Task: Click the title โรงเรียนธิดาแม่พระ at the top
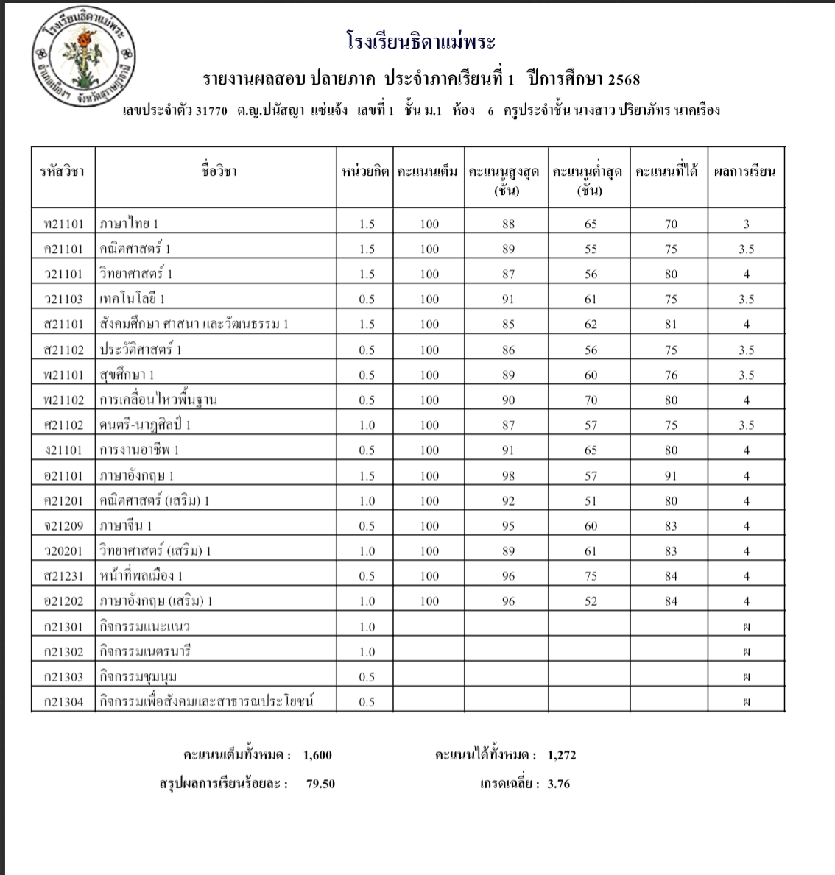click(x=420, y=41)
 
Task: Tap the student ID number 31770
click(x=213, y=111)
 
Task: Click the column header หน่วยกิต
click(x=365, y=173)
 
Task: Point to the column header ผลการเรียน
click(x=745, y=173)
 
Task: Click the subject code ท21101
click(x=63, y=224)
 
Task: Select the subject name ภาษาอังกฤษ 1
click(x=137, y=475)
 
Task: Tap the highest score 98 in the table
click(x=508, y=476)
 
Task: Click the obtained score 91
click(x=670, y=476)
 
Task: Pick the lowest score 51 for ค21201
click(x=591, y=501)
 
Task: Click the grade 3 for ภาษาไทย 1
click(x=746, y=224)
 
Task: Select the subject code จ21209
click(x=63, y=526)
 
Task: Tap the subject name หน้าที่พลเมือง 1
click(x=141, y=576)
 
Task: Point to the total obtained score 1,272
click(x=562, y=755)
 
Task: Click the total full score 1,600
click(x=317, y=755)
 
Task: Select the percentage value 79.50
click(x=320, y=784)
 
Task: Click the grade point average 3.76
click(x=559, y=784)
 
